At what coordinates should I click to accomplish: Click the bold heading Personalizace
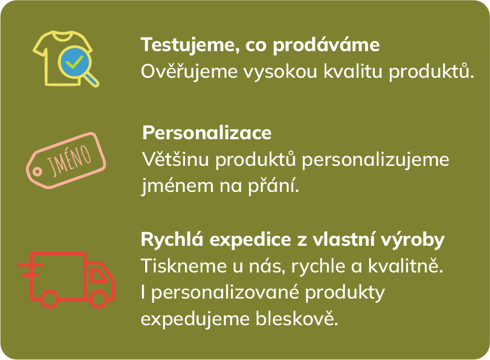207,133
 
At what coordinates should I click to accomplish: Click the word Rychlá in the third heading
167,240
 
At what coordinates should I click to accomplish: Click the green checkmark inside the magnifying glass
72,62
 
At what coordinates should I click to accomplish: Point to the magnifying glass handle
92,79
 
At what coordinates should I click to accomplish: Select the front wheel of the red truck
98,299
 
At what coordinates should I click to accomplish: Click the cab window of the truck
98,275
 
